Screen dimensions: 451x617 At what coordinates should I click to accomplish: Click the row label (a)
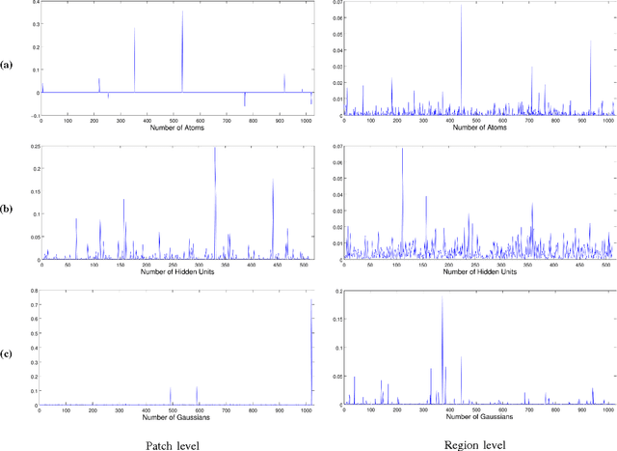(8, 65)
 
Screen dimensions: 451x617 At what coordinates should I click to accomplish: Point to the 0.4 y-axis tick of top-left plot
(35, 3)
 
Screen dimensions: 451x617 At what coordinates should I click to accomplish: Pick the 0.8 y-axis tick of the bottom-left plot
(35, 290)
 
